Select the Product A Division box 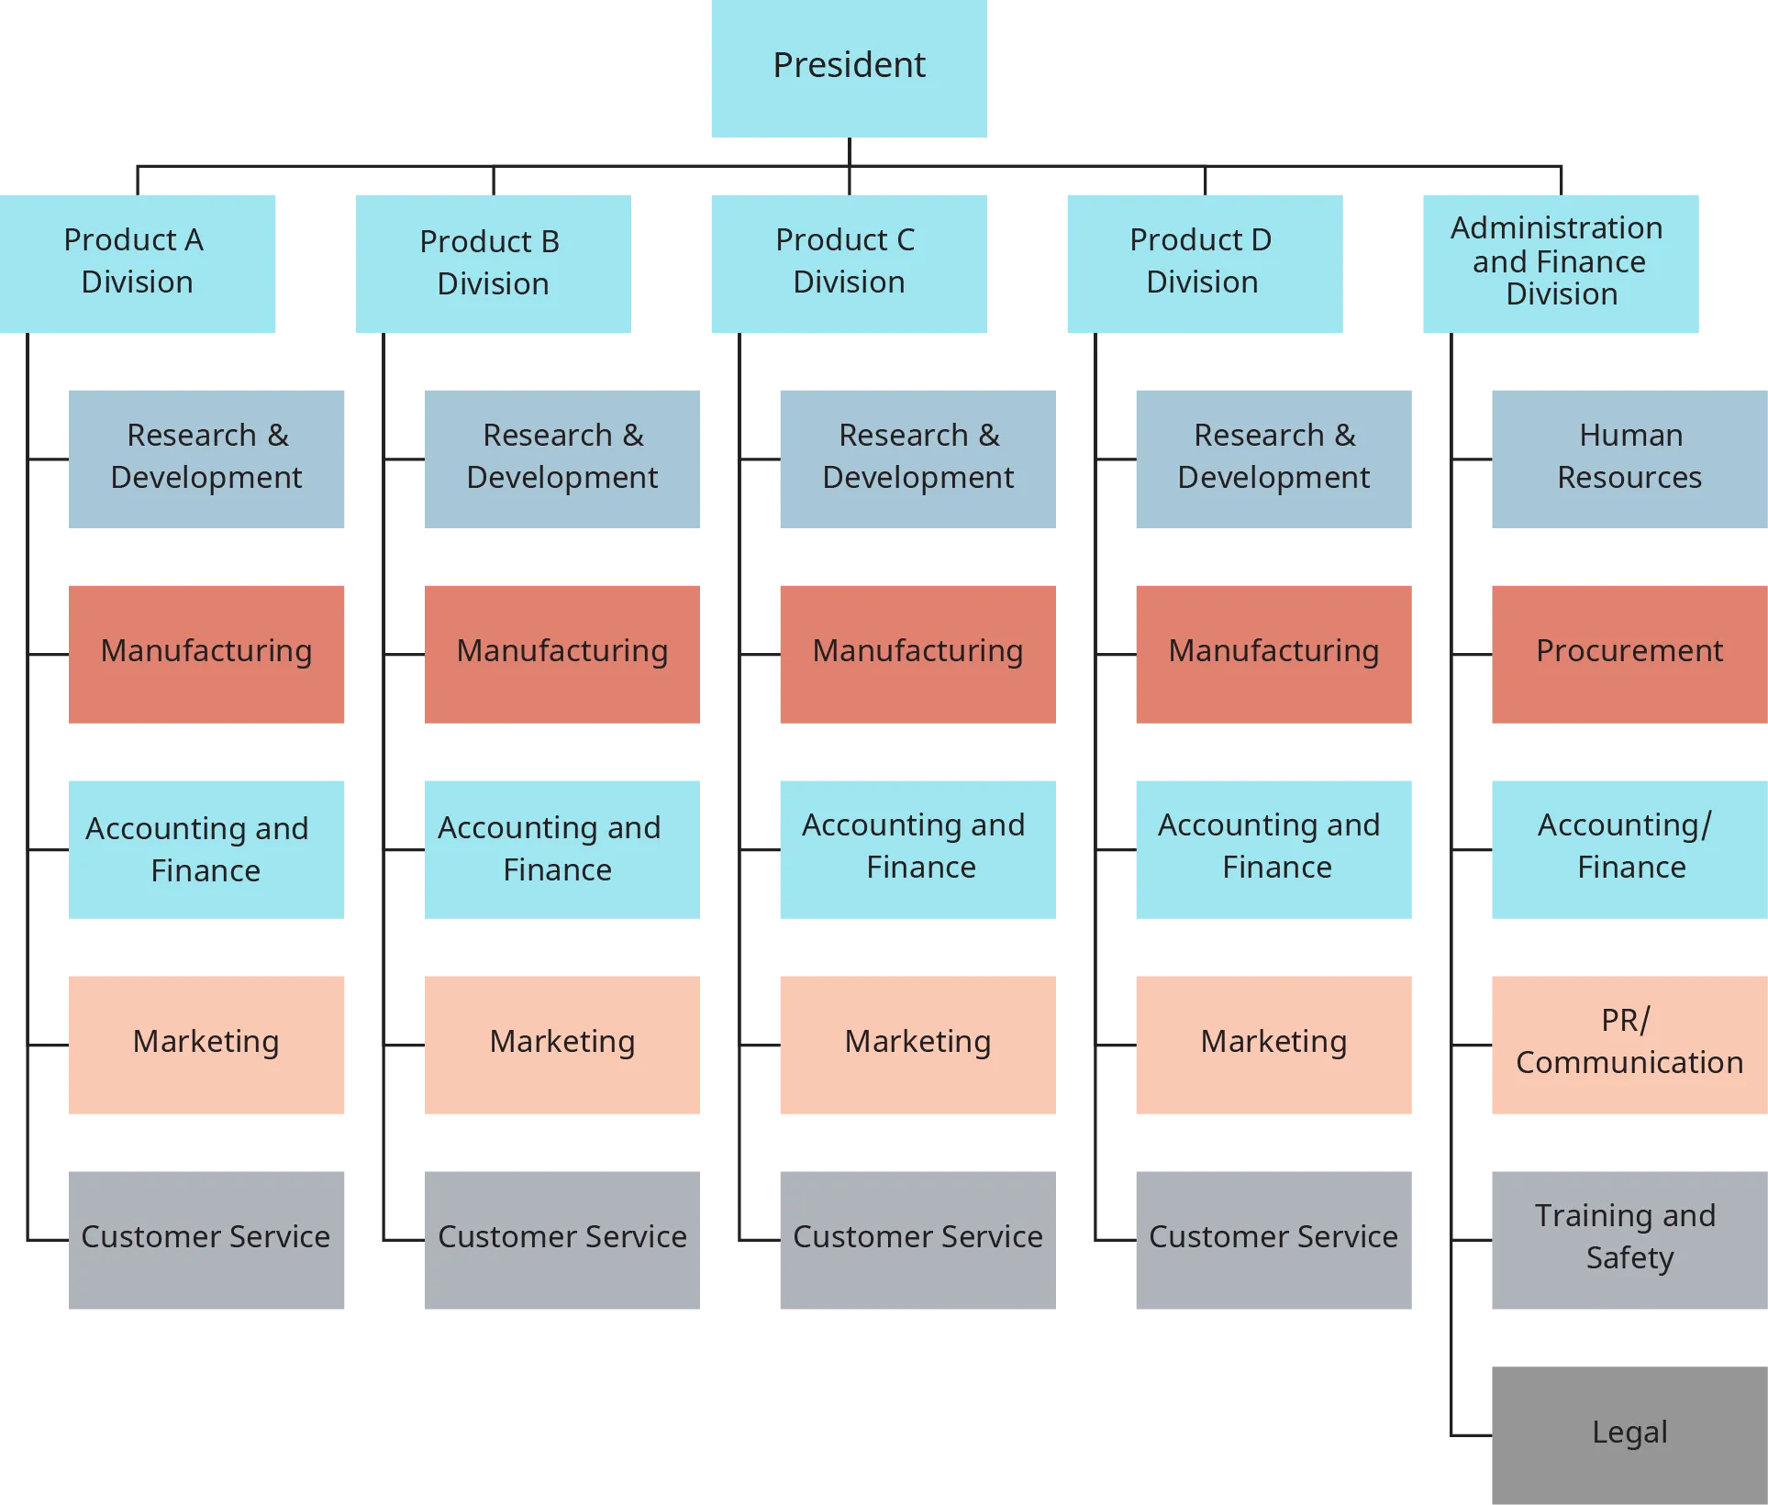[x=139, y=262]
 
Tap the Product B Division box [x=493, y=263]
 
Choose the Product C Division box [x=848, y=262]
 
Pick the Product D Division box [x=1203, y=262]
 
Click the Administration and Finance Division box [x=1559, y=262]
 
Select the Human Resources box [x=1629, y=457]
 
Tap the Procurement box [x=1629, y=652]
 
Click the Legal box [x=1629, y=1433]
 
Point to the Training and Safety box [x=1629, y=1238]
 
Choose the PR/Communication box [x=1629, y=1044]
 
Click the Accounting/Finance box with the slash [x=1629, y=848]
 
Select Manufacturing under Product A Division [x=206, y=652]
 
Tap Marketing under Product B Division [x=562, y=1044]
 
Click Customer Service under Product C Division [x=917, y=1238]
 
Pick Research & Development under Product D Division [x=1273, y=457]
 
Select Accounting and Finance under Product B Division [x=562, y=848]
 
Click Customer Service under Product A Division [x=206, y=1238]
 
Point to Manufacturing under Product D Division [x=1273, y=652]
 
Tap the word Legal [x=1629, y=1432]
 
